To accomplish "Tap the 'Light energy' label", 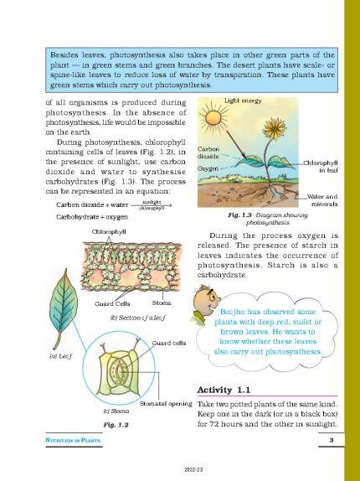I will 242,101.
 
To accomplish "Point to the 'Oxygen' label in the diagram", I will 208,168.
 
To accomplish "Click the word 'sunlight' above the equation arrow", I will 152,201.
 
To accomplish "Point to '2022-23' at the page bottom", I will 181,470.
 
